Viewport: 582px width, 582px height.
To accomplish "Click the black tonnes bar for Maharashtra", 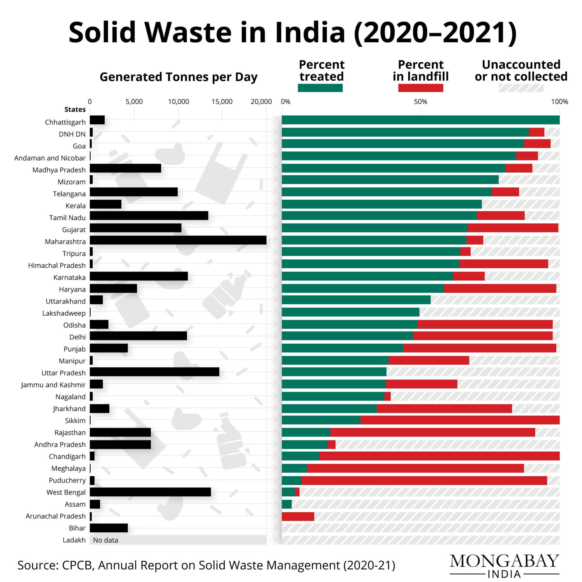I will pyautogui.click(x=178, y=240).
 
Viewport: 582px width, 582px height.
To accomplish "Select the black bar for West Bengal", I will pyautogui.click(x=150, y=492).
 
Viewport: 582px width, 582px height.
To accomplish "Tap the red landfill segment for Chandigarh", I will pyautogui.click(x=439, y=456).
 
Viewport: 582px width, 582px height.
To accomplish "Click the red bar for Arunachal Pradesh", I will pyautogui.click(x=298, y=516).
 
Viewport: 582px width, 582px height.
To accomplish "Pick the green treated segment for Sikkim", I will pyautogui.click(x=321, y=420).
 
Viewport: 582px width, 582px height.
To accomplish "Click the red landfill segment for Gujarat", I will pyautogui.click(x=513, y=228).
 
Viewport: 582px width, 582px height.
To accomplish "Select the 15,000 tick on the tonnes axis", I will pyautogui.click(x=222, y=102).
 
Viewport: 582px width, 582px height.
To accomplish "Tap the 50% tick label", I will pyautogui.click(x=420, y=102).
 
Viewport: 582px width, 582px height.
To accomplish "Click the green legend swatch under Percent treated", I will pyautogui.click(x=320, y=88).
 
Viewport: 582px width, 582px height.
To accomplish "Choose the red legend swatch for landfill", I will pyautogui.click(x=420, y=88).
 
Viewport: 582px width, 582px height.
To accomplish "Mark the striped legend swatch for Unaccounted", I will pyautogui.click(x=521, y=88).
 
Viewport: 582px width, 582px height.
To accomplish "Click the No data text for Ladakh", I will pyautogui.click(x=105, y=540).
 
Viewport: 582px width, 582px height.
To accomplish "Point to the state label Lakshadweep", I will pyautogui.click(x=64, y=313).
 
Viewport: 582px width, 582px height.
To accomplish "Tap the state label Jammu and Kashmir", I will pyautogui.click(x=53, y=385).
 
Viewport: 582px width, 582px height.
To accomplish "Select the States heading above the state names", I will pyautogui.click(x=75, y=110).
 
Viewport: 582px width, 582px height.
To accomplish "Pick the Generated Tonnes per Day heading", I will pyautogui.click(x=178, y=77).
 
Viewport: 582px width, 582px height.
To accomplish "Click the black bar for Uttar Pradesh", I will pyautogui.click(x=154, y=372).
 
